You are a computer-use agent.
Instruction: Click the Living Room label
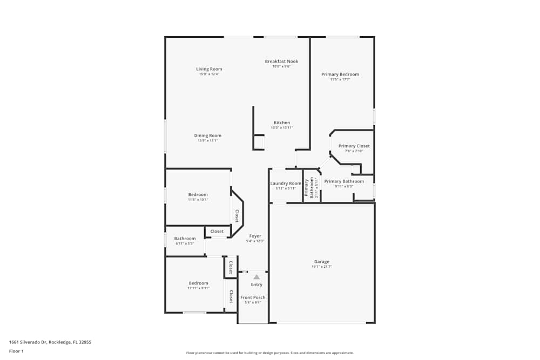(x=209, y=69)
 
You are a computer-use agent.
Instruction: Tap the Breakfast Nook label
(x=281, y=62)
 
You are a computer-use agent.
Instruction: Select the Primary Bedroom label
(x=340, y=74)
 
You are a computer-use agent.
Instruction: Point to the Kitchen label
(x=282, y=123)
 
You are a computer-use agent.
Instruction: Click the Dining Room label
(x=208, y=135)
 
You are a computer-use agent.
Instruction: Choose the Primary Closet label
(x=354, y=146)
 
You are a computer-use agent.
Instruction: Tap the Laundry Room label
(x=286, y=184)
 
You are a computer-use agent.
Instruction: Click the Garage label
(x=322, y=262)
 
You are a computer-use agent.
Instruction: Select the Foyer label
(x=255, y=236)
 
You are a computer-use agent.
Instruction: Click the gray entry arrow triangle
(x=256, y=277)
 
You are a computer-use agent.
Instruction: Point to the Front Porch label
(x=253, y=297)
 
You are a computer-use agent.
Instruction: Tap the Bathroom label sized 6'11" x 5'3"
(x=185, y=239)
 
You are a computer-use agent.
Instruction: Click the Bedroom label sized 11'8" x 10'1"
(x=198, y=194)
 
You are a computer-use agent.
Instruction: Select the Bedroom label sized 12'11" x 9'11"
(x=198, y=283)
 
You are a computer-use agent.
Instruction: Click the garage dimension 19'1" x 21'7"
(x=322, y=267)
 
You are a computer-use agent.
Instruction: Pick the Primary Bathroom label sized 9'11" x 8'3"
(x=344, y=181)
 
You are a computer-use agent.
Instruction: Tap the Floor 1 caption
(x=16, y=351)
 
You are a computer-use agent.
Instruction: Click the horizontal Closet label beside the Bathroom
(x=217, y=232)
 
